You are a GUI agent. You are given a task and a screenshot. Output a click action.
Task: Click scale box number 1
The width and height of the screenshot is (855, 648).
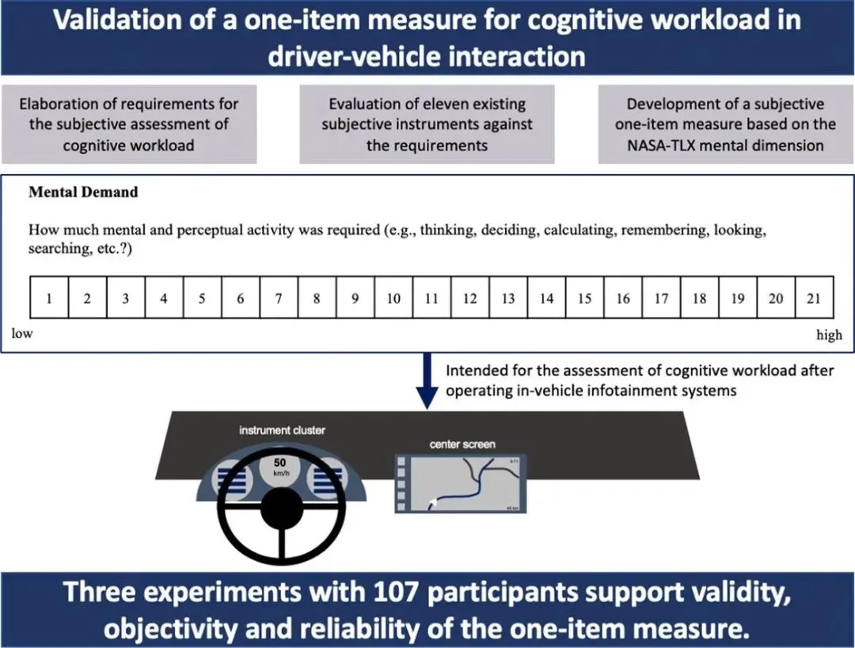[49, 298]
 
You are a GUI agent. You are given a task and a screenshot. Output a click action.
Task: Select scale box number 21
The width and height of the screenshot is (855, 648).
[814, 298]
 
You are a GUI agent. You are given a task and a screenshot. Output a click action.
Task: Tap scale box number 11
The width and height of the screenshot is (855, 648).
[431, 298]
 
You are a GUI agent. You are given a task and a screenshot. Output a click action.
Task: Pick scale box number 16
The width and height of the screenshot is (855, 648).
[623, 298]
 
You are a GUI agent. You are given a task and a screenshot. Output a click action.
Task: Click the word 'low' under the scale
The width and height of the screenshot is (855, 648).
[22, 333]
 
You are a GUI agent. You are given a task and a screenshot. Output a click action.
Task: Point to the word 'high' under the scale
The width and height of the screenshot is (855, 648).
[829, 335]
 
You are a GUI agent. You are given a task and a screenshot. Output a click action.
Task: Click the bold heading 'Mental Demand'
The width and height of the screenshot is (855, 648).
[83, 191]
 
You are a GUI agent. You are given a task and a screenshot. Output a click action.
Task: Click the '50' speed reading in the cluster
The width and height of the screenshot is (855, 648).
[279, 463]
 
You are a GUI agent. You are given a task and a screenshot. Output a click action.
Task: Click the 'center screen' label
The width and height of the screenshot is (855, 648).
[462, 444]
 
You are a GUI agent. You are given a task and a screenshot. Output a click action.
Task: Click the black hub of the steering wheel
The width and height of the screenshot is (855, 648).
[282, 513]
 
